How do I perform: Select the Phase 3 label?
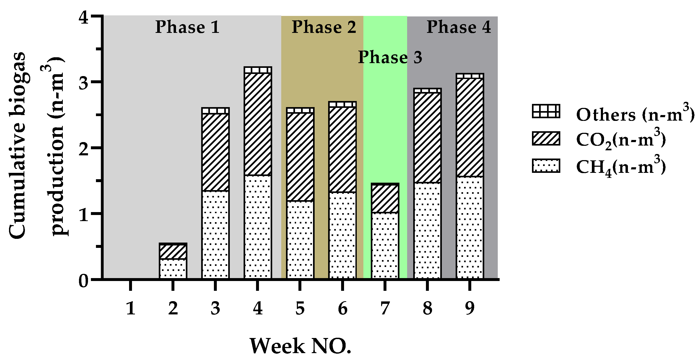(390, 57)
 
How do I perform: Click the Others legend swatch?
(546, 111)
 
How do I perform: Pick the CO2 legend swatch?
(546, 139)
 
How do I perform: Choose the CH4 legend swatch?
(546, 166)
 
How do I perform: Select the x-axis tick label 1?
(131, 309)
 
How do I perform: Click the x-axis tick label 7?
(385, 309)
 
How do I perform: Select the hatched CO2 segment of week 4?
(258, 124)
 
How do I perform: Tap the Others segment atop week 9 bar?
(470, 76)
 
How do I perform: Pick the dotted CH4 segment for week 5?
(300, 240)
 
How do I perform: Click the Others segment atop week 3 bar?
(215, 111)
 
